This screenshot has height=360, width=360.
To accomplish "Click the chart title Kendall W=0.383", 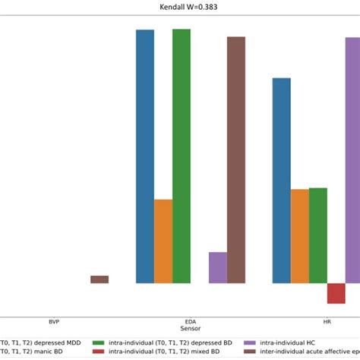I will [180, 8].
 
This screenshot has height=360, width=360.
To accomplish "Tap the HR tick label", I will [327, 322].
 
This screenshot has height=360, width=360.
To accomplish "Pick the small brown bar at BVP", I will [99, 279].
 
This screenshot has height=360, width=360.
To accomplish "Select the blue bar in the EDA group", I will [145, 156].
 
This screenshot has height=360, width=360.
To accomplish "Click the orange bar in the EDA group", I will [163, 242].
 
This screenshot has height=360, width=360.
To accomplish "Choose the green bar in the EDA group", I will [182, 156].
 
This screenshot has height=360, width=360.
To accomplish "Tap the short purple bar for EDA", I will [218, 267].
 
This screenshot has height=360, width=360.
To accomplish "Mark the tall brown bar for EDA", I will [236, 159].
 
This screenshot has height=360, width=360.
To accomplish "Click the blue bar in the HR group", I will [282, 181].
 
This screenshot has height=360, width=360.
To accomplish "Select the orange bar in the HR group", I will [300, 236].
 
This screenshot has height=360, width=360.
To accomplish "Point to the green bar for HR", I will [318, 235].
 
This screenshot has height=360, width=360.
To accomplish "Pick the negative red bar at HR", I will [336, 293].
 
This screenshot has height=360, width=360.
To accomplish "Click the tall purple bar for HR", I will [353, 160].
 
